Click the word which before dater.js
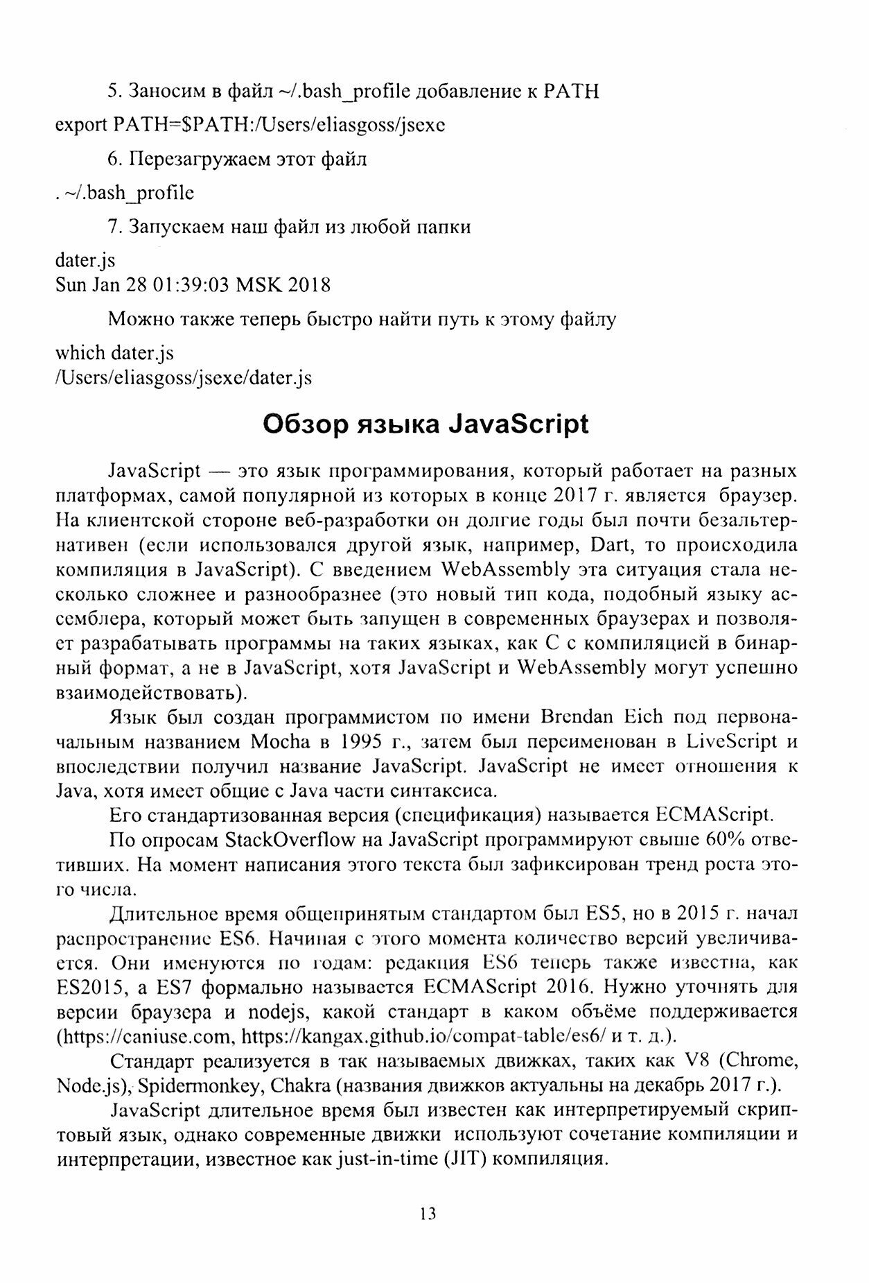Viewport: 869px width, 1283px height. tap(80, 353)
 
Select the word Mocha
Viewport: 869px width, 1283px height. tap(279, 741)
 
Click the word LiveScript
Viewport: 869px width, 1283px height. tap(732, 741)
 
